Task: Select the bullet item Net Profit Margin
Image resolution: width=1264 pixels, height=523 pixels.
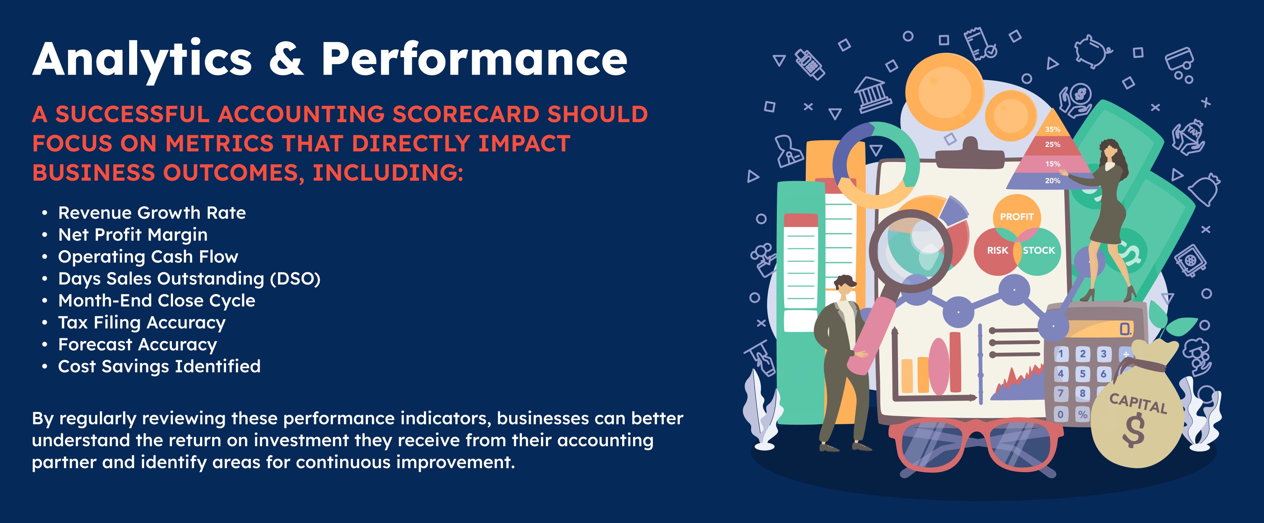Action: click(x=132, y=235)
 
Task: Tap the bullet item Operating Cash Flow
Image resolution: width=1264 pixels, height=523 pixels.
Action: click(x=148, y=257)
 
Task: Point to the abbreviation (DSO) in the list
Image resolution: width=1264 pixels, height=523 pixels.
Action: click(x=295, y=279)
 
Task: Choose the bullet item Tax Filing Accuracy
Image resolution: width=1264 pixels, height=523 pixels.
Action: click(x=142, y=323)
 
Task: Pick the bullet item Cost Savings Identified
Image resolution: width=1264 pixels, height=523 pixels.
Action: click(x=159, y=366)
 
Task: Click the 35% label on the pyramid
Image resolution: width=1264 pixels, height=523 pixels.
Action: click(x=1053, y=129)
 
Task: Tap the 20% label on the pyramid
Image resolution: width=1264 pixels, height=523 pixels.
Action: click(x=1053, y=181)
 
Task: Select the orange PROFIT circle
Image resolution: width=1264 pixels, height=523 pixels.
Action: click(x=1016, y=215)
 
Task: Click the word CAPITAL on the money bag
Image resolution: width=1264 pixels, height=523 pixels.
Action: click(x=1138, y=404)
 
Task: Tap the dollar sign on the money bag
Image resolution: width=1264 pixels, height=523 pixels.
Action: click(x=1133, y=430)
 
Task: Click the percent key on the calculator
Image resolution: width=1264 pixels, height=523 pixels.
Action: click(x=1083, y=415)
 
